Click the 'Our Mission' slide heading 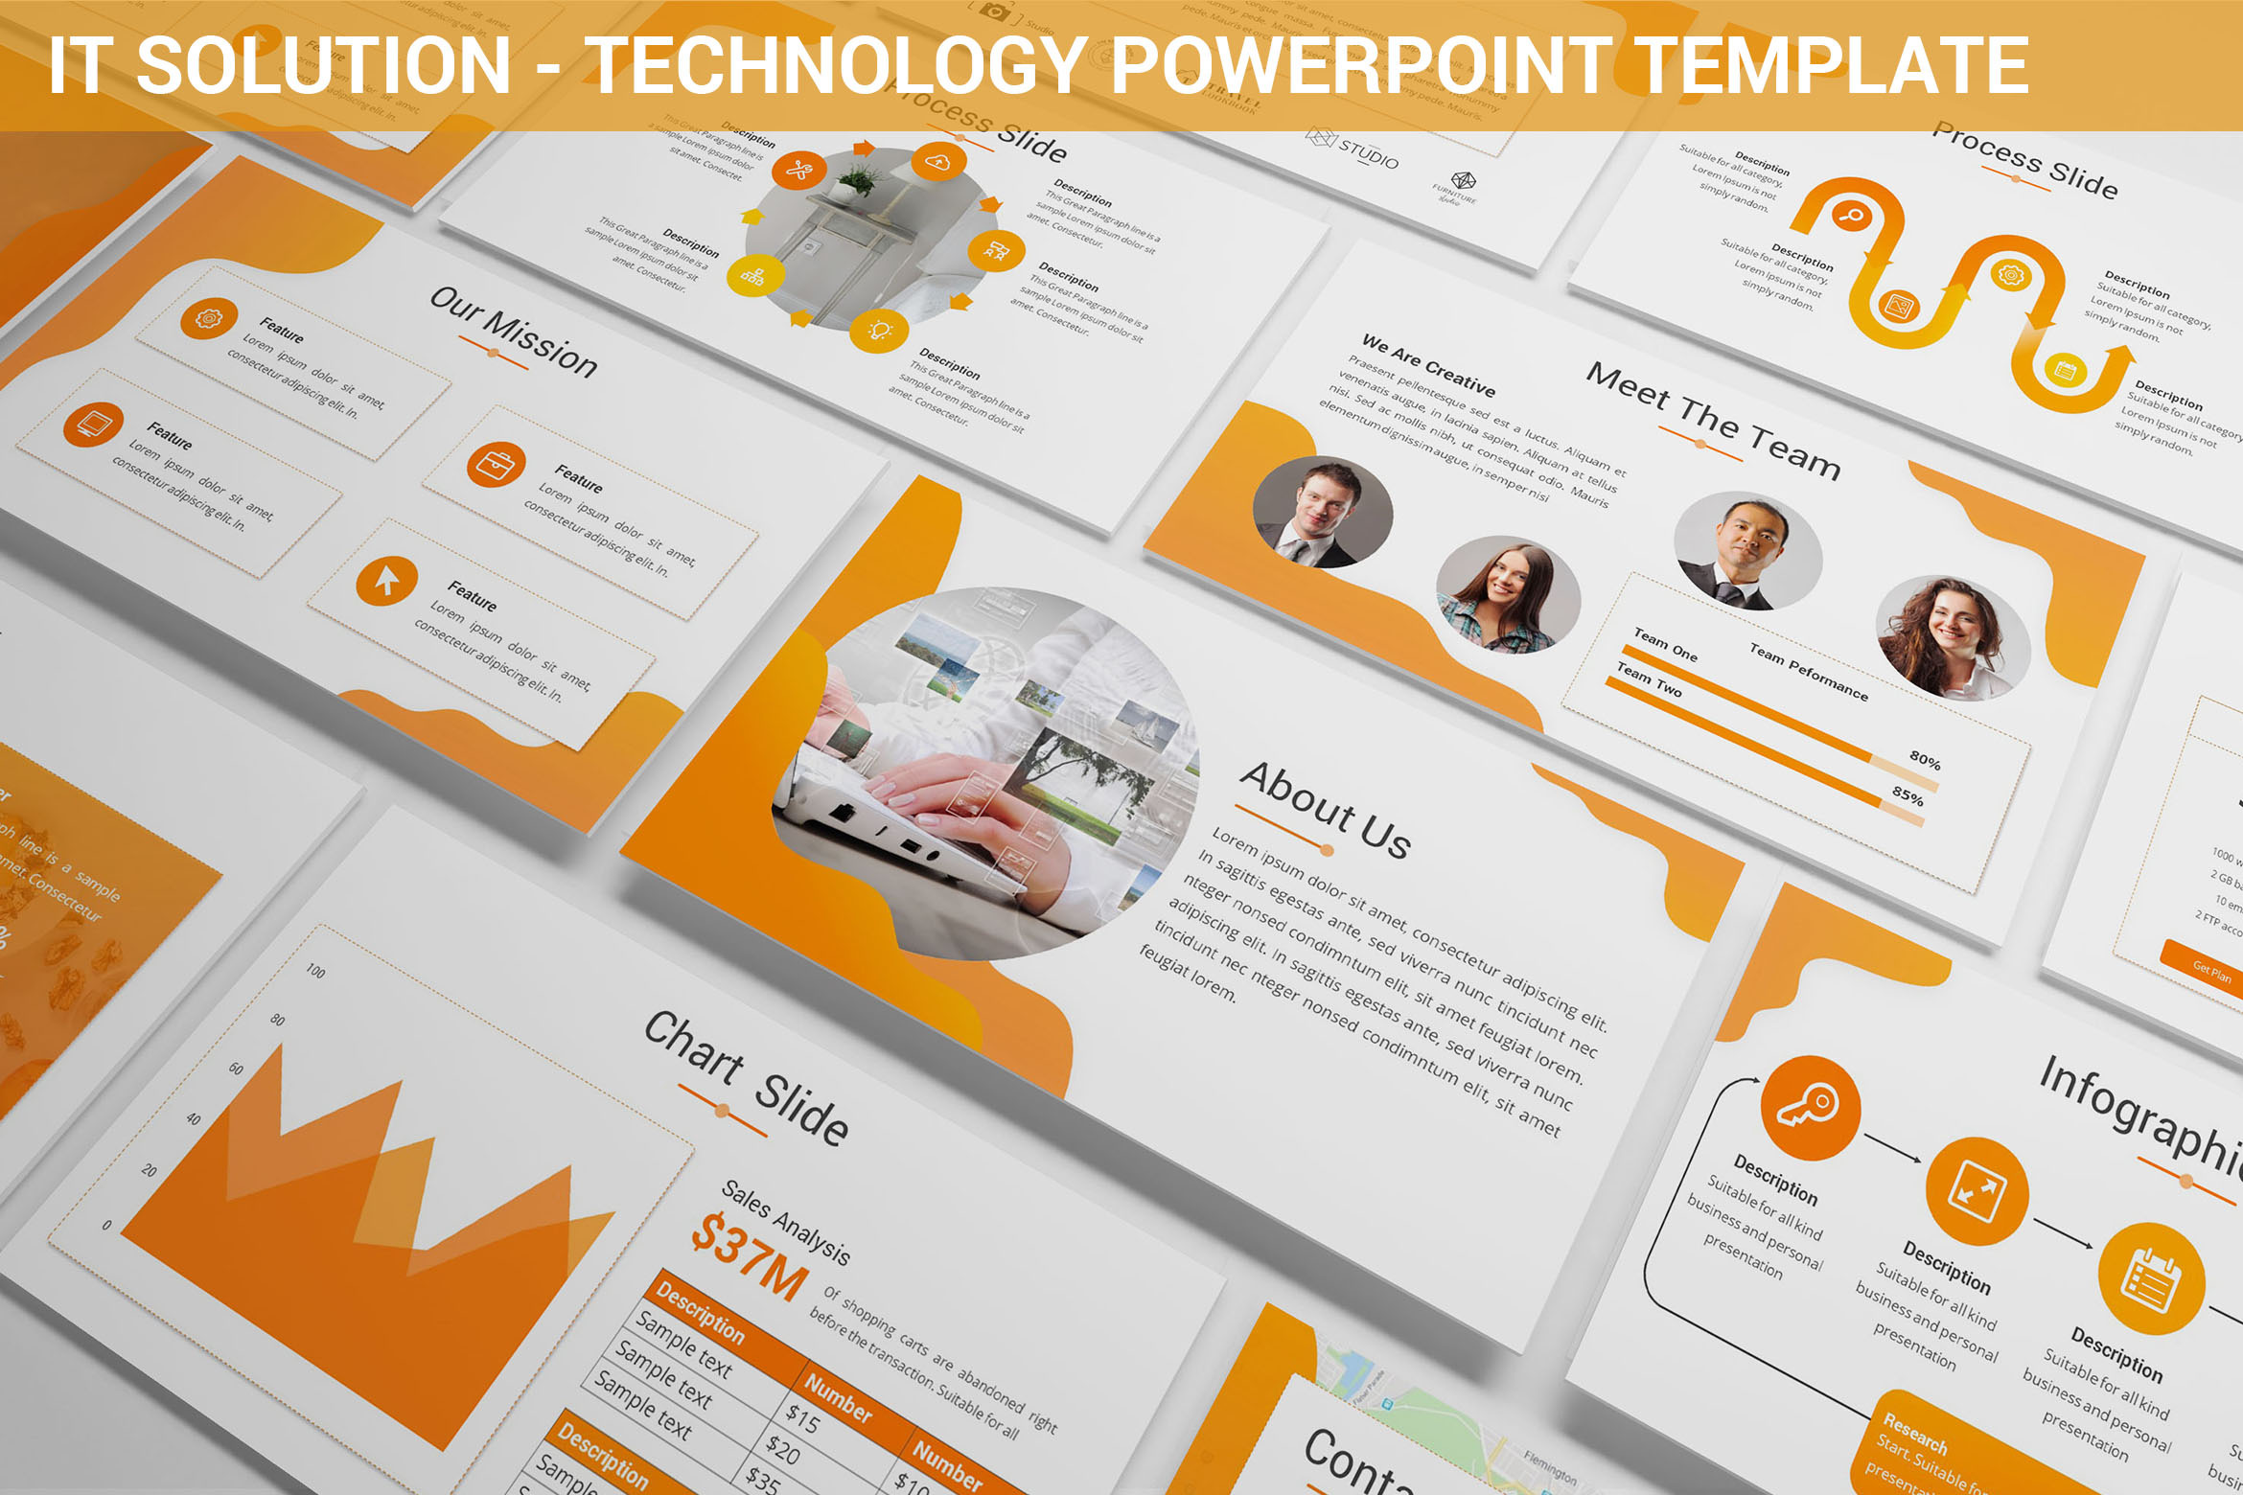pos(513,331)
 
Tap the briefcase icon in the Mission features pos(496,465)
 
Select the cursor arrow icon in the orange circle pos(386,580)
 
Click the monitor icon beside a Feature pos(93,425)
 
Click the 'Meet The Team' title pos(1713,420)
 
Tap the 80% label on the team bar pos(1924,762)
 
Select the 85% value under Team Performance pos(1908,796)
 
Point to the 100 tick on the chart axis pos(315,971)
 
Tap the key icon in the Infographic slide pos(1809,1108)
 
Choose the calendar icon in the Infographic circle pos(2150,1280)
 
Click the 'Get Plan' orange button pos(2211,972)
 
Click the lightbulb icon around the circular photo pos(879,331)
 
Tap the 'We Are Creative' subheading pos(1428,365)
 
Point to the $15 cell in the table pos(802,1418)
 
